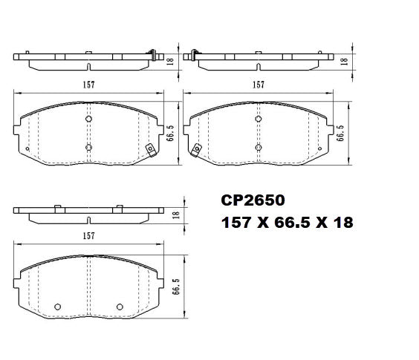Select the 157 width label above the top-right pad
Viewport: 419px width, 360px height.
tap(258, 85)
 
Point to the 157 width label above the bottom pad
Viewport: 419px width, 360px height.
tap(88, 235)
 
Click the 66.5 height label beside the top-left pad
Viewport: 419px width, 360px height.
tap(170, 133)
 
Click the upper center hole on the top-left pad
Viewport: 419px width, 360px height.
tap(88, 119)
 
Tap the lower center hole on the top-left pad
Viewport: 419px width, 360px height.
tap(88, 147)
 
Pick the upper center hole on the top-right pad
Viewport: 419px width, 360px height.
tap(258, 119)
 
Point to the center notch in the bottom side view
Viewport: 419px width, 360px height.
tap(88, 220)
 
